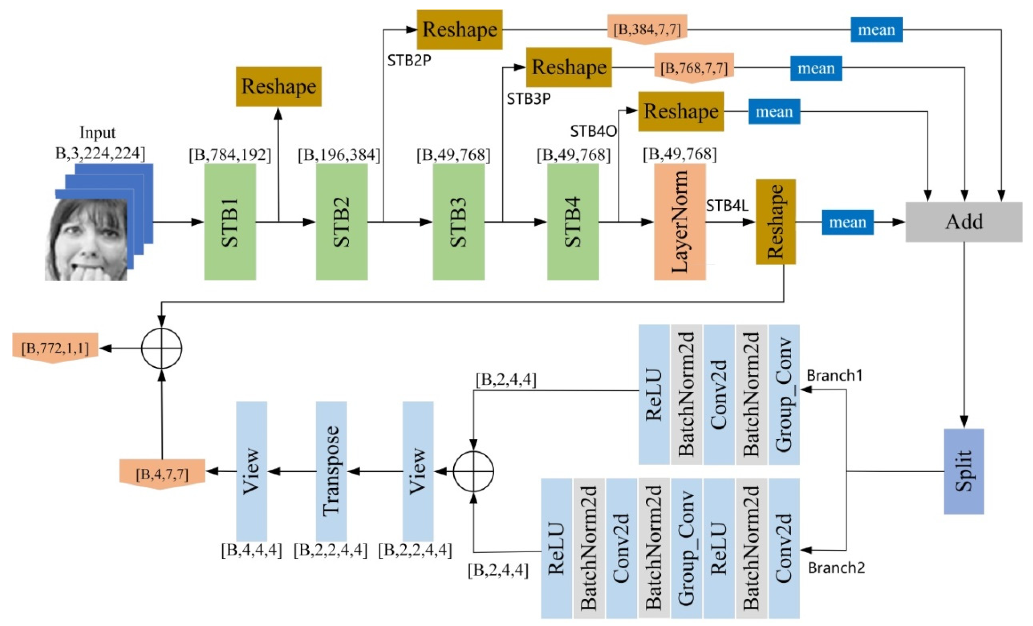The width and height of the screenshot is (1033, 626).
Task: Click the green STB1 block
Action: point(230,222)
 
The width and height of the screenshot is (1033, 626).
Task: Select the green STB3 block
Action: point(459,222)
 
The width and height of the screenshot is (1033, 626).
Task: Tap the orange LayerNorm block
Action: point(680,222)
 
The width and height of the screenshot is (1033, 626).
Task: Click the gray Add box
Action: point(963,222)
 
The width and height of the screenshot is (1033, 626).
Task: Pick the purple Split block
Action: point(963,471)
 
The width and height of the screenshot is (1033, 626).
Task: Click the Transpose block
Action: point(331,471)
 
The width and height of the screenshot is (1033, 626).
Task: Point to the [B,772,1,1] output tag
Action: point(55,348)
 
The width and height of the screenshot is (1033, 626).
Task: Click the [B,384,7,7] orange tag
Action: point(647,29)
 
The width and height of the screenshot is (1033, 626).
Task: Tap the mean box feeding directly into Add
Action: point(847,222)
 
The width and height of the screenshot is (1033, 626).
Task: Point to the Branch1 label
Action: point(834,375)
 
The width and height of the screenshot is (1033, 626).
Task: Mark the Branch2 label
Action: point(836,568)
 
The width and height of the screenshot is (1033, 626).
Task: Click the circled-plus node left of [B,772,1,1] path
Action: point(161,348)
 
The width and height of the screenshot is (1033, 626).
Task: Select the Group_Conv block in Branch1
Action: point(783,394)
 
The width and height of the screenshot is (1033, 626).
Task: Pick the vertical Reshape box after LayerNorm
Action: point(775,222)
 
